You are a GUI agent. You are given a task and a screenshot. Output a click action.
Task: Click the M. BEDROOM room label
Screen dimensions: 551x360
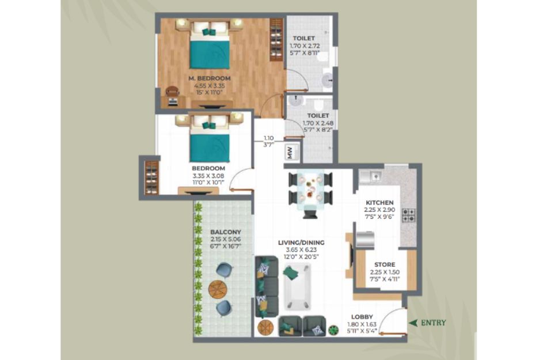(x=210, y=78)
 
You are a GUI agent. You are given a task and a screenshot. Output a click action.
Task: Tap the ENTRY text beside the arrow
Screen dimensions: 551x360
(x=434, y=323)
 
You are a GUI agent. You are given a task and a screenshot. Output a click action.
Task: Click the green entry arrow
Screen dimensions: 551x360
(x=413, y=323)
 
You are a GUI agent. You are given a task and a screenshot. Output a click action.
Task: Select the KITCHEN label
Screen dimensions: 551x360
(x=379, y=203)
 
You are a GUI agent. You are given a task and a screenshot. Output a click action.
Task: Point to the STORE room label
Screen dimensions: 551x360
(x=385, y=265)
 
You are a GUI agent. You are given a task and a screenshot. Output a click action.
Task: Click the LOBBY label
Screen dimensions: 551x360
(x=362, y=317)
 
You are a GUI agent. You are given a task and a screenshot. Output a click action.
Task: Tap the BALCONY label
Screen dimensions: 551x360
(x=226, y=232)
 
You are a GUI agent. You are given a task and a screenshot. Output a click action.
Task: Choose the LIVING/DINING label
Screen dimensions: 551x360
(x=301, y=243)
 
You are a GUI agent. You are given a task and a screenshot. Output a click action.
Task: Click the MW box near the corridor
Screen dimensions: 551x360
(x=291, y=152)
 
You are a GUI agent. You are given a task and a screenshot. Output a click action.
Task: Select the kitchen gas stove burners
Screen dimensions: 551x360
(x=409, y=215)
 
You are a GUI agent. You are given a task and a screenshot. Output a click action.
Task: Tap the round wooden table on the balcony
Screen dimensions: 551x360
(x=218, y=289)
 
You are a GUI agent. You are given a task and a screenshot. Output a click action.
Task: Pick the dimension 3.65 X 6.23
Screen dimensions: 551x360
(x=301, y=250)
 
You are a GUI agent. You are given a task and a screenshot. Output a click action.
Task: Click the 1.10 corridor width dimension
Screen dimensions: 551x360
(x=268, y=138)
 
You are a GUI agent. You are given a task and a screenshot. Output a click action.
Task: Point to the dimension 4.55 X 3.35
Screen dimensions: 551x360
(x=210, y=85)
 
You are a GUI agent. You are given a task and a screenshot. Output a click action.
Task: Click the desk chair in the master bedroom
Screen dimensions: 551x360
(x=172, y=92)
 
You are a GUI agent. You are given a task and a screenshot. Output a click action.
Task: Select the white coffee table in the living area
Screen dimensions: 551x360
(x=298, y=287)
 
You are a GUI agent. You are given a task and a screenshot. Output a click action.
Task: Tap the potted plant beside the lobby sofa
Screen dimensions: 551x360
(x=333, y=330)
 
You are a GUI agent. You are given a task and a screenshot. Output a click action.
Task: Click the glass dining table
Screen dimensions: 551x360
(x=310, y=190)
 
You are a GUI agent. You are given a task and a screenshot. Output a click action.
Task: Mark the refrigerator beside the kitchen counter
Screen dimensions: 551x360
(x=365, y=239)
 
